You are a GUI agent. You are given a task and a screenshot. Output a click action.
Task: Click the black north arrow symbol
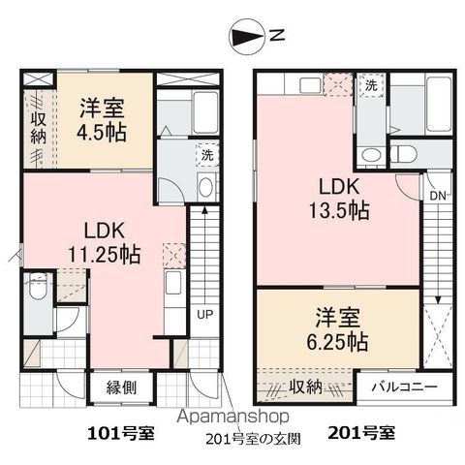[249, 38]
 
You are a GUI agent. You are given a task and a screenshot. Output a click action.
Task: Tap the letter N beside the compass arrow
[277, 38]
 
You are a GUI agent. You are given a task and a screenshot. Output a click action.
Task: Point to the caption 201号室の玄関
[253, 437]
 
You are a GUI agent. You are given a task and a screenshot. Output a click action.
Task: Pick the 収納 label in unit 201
[306, 387]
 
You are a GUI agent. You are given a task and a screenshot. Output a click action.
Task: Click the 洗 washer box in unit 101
[206, 154]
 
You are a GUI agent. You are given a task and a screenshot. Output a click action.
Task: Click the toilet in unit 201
[405, 152]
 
